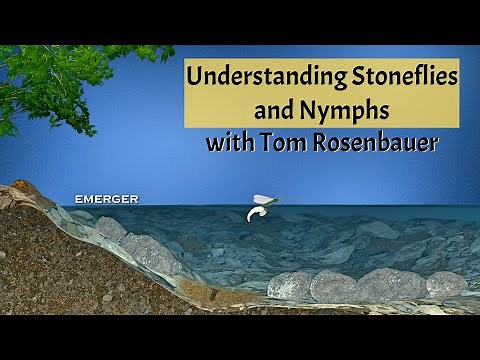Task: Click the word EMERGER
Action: (106, 199)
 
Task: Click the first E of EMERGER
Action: (79, 199)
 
